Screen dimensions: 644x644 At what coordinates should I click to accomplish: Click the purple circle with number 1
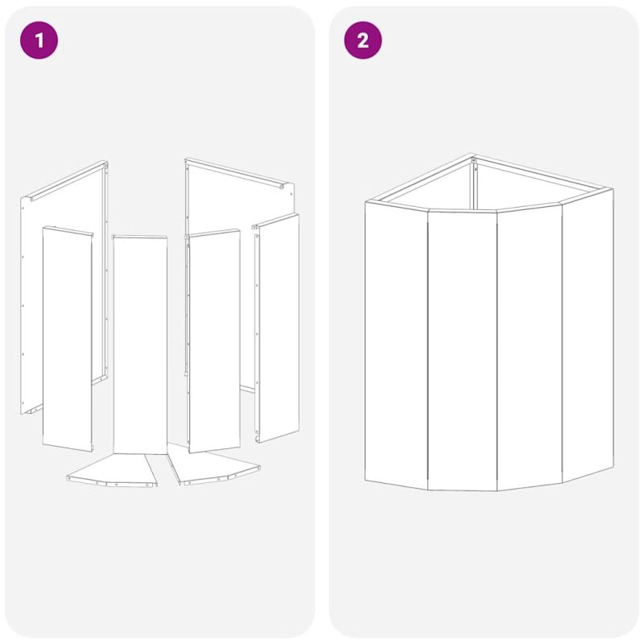[39, 40]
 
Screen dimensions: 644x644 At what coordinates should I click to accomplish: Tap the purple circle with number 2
[363, 40]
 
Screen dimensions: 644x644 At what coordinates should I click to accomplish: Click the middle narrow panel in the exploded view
[140, 345]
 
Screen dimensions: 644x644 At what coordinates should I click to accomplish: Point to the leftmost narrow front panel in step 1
[68, 338]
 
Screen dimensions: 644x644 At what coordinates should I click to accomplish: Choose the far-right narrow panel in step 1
[277, 328]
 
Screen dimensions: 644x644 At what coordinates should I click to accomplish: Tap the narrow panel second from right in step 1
[213, 341]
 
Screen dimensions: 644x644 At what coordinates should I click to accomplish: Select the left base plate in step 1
[112, 470]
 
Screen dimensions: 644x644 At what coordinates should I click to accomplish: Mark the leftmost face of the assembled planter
[396, 345]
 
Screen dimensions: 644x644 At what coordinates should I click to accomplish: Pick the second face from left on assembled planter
[462, 350]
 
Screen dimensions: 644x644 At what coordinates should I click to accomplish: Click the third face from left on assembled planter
[530, 347]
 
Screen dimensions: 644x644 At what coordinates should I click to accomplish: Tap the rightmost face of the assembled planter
[588, 335]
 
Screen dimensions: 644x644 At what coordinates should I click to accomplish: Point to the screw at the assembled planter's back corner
[474, 160]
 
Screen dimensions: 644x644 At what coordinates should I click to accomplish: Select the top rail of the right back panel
[234, 172]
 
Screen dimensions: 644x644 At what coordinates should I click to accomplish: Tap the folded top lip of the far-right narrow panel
[275, 220]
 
